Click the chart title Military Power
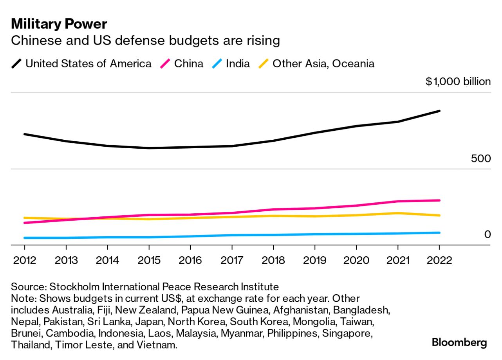point(59,24)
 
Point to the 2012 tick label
point(24,260)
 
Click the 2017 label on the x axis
point(232,260)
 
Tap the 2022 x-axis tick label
point(439,260)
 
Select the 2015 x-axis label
point(149,260)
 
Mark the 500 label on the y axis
point(480,159)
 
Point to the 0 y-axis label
point(487,234)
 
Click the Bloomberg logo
point(459,343)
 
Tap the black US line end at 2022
point(439,111)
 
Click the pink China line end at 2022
point(439,200)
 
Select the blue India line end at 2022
point(439,233)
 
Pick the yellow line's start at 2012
point(25,218)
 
